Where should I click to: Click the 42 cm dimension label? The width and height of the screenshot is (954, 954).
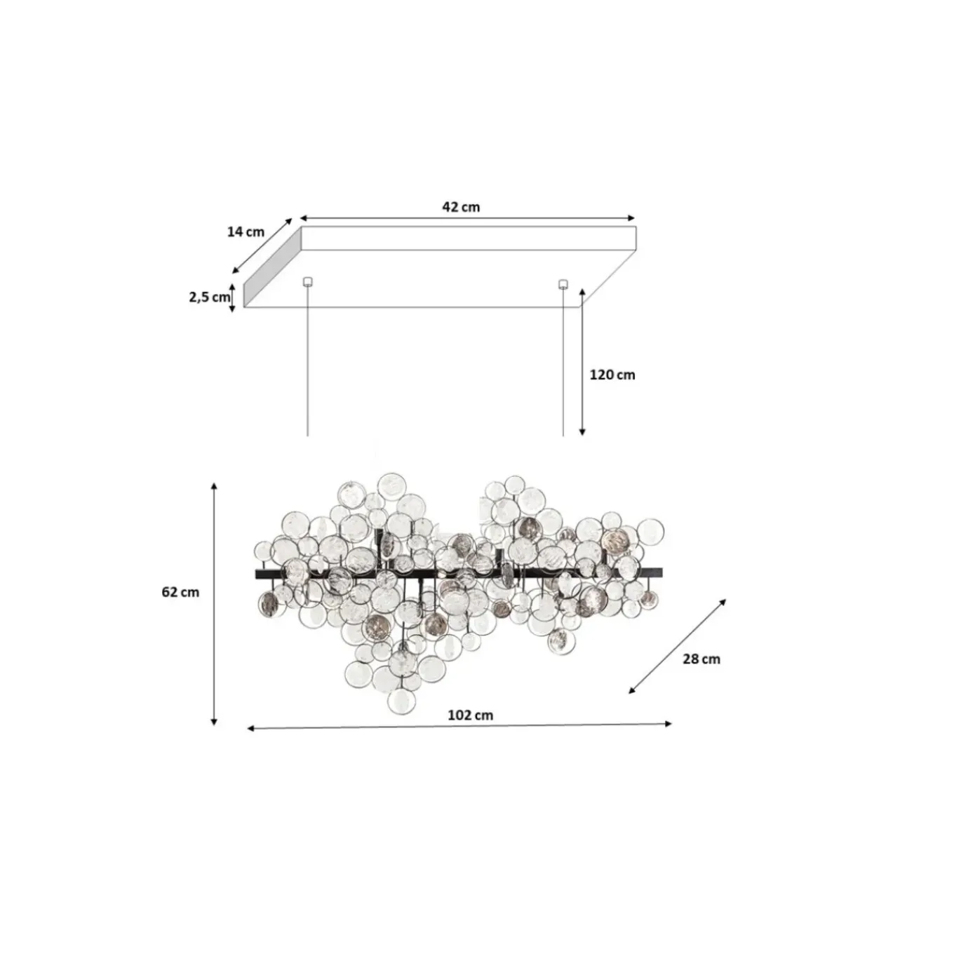(x=460, y=207)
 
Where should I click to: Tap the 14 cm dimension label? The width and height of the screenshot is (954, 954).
(x=246, y=231)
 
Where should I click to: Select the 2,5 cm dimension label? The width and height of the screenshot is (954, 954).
(x=209, y=297)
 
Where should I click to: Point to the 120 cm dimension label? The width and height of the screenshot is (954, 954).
(x=612, y=375)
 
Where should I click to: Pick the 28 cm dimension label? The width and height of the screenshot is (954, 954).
(x=701, y=659)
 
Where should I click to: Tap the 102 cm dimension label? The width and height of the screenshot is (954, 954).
(x=470, y=715)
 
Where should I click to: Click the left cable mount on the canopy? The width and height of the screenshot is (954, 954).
(x=307, y=282)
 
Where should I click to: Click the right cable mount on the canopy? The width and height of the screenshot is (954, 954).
(x=563, y=283)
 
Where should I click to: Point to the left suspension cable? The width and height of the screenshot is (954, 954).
(x=307, y=361)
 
